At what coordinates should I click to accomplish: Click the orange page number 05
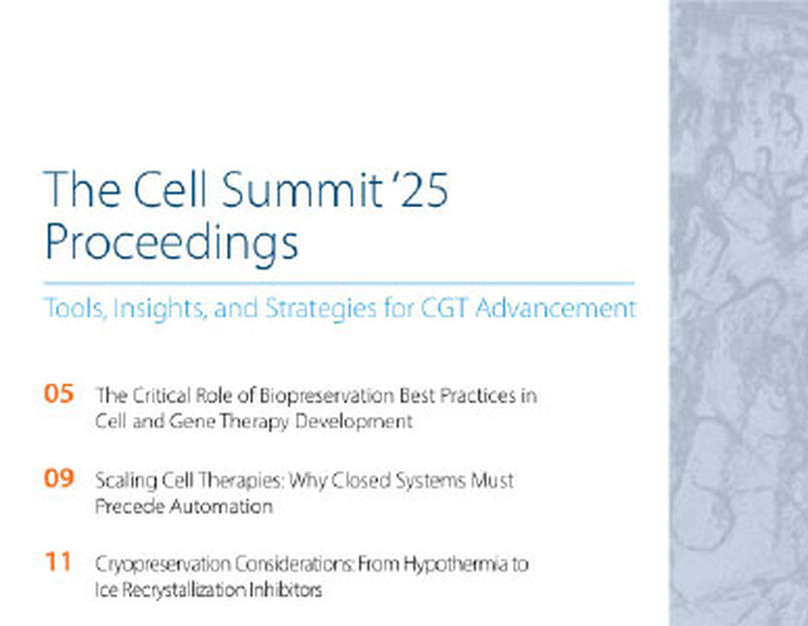59,394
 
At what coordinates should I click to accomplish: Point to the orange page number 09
59,479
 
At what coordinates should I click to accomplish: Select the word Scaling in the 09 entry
122,480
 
